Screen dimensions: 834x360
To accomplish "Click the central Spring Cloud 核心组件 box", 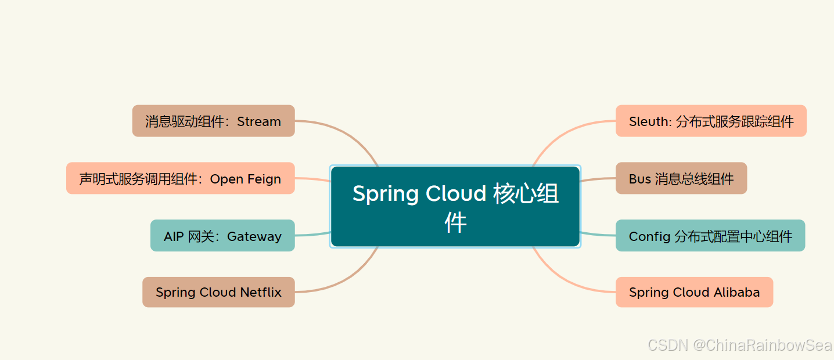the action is pyautogui.click(x=455, y=206).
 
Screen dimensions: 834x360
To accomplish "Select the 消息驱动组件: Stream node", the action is pyautogui.click(x=213, y=121).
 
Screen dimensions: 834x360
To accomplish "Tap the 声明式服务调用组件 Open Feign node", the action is pyautogui.click(x=181, y=178).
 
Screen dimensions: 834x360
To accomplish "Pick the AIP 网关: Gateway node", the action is pyautogui.click(x=222, y=236).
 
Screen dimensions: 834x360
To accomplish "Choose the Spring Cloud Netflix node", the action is pyautogui.click(x=218, y=292).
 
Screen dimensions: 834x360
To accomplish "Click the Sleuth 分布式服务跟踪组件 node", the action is pyautogui.click(x=711, y=121).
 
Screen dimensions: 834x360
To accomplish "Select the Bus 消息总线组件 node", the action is pyautogui.click(x=681, y=178).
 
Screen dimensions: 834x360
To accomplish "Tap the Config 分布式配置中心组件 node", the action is pyautogui.click(x=710, y=236).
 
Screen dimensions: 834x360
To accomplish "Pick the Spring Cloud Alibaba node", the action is pyautogui.click(x=695, y=292).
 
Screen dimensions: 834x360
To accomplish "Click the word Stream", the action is pyautogui.click(x=259, y=122).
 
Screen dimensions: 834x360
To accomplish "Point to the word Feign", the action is pyautogui.click(x=264, y=179).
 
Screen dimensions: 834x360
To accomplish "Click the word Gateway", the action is pyautogui.click(x=254, y=237).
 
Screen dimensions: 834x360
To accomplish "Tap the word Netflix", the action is pyautogui.click(x=261, y=292).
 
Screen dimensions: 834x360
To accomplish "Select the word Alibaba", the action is pyautogui.click(x=737, y=292).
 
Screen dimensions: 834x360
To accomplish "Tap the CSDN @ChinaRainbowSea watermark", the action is pyautogui.click(x=740, y=345).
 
